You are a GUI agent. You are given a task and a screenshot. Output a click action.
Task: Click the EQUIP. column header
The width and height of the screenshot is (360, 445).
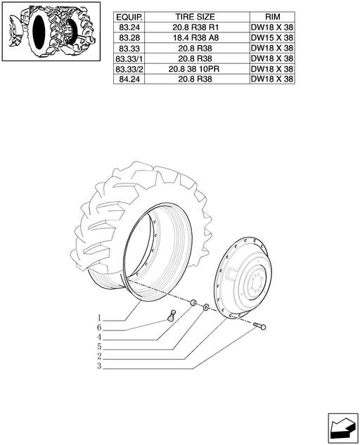point(129,18)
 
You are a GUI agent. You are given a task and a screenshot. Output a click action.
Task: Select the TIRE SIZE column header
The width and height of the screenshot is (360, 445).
point(195,17)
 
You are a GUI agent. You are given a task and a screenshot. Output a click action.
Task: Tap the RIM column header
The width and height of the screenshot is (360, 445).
point(272,17)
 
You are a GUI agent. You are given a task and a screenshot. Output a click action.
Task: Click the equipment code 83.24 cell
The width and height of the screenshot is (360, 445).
point(129,27)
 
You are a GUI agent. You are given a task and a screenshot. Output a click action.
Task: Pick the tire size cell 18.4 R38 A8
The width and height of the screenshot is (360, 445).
point(195,38)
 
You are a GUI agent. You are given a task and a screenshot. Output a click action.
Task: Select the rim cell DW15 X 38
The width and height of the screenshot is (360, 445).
point(272,38)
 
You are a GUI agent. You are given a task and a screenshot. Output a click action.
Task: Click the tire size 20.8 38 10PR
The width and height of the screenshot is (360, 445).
point(194,69)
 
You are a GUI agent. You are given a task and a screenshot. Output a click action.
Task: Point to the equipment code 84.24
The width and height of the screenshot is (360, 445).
point(129,79)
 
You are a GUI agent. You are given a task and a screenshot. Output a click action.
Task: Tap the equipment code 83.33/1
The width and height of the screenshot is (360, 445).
point(129,59)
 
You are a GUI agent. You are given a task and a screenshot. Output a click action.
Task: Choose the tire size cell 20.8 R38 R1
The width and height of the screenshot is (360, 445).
point(195,27)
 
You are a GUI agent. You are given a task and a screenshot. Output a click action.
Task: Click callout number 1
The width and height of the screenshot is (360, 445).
point(99,318)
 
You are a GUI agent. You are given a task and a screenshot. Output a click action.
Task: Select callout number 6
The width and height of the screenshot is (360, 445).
point(99,328)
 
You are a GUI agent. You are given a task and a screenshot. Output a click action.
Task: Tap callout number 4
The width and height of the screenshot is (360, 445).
point(99,337)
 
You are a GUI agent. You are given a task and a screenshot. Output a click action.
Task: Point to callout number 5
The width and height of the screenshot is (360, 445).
point(99,347)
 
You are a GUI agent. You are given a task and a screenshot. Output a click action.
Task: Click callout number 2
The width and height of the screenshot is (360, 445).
point(99,356)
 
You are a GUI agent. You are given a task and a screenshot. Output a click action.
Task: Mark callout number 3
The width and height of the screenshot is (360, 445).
point(99,366)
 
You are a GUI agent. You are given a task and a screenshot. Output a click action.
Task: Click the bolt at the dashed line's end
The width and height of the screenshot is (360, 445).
point(259,325)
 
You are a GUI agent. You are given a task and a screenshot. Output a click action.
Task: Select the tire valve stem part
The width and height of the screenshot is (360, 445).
point(172,316)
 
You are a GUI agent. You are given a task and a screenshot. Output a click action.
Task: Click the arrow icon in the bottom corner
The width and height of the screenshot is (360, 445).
point(343,427)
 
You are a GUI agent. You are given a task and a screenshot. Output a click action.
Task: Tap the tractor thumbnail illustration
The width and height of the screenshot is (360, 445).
point(51,31)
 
